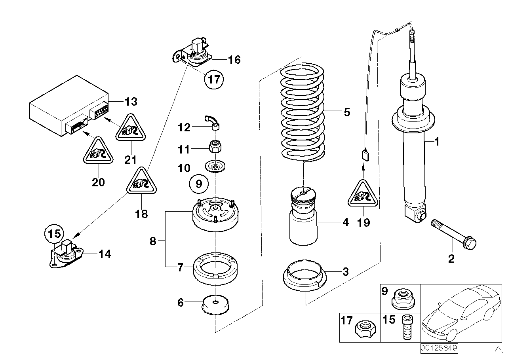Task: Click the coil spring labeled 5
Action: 303,113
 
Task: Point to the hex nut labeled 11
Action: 215,148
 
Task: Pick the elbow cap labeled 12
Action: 213,121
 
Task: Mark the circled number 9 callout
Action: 199,184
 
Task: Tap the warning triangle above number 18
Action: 141,183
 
